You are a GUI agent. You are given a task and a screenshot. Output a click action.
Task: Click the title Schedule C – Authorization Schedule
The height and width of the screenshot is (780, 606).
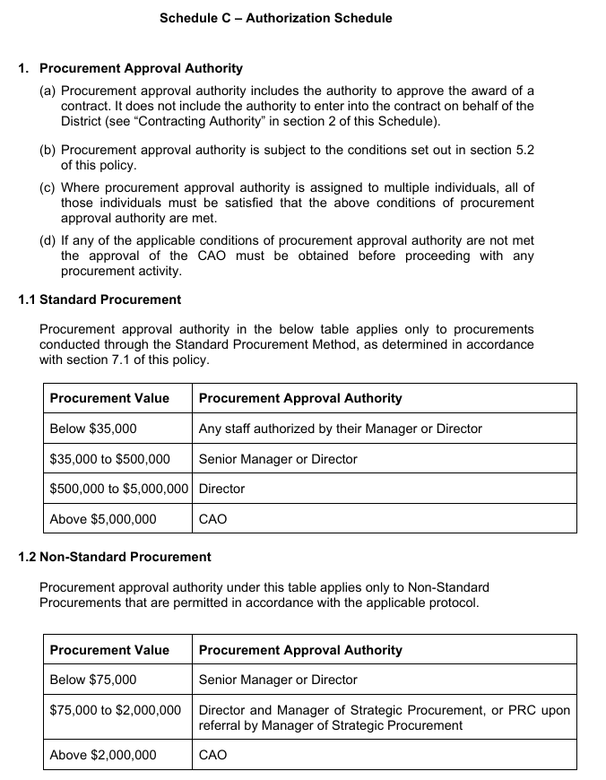pyautogui.click(x=275, y=18)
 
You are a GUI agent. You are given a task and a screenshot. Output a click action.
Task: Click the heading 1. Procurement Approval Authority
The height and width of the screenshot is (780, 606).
pyautogui.click(x=130, y=68)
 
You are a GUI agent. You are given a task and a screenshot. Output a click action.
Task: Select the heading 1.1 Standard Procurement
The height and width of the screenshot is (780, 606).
pyautogui.click(x=100, y=299)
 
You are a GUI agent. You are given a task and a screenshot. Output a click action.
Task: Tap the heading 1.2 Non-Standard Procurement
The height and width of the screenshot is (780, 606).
pyautogui.click(x=115, y=557)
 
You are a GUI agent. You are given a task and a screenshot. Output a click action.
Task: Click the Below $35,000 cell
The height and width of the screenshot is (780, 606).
pyautogui.click(x=93, y=429)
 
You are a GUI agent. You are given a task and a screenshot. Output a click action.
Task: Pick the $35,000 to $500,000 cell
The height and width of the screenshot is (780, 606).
pyautogui.click(x=109, y=459)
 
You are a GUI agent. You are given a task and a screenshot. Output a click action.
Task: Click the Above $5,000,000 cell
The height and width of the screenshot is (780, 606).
pyautogui.click(x=103, y=519)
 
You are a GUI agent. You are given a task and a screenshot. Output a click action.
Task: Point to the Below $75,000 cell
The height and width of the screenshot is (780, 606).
pyautogui.click(x=93, y=680)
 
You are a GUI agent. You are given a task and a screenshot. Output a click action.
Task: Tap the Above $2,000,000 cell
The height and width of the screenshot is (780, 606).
pyautogui.click(x=103, y=755)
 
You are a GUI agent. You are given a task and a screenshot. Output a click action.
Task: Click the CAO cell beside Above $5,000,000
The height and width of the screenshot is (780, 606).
pyautogui.click(x=213, y=519)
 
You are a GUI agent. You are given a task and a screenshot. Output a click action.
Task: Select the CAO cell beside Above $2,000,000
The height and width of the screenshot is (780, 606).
pyautogui.click(x=213, y=755)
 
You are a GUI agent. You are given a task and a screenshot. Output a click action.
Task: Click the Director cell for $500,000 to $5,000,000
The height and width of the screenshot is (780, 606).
pyautogui.click(x=221, y=489)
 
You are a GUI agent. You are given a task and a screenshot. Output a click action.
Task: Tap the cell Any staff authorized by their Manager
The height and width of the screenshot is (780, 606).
pyautogui.click(x=341, y=429)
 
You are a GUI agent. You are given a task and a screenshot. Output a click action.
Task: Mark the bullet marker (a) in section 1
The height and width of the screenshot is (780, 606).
pyautogui.click(x=48, y=91)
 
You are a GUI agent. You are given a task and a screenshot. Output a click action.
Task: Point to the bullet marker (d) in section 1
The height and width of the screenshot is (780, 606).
pyautogui.click(x=48, y=240)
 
